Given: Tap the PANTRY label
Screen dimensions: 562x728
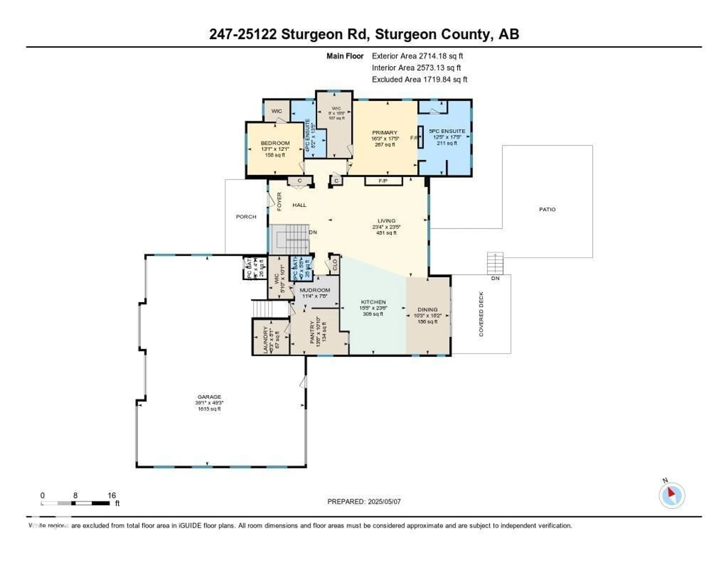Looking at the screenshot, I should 312,333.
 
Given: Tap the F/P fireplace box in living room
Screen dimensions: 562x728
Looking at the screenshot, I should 383,181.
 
